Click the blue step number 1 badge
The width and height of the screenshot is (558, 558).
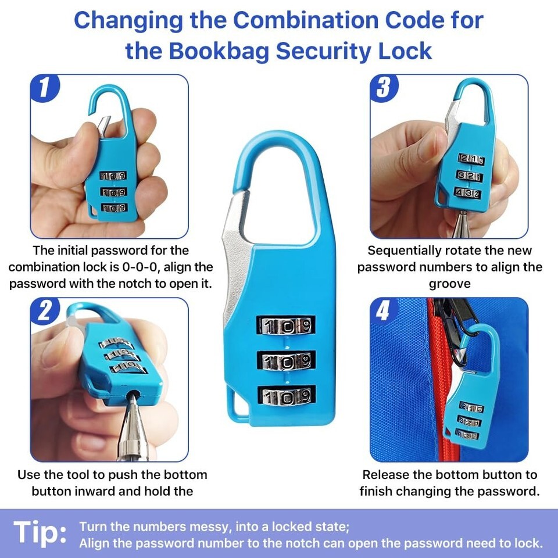point(45,88)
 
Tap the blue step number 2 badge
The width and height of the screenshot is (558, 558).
point(45,311)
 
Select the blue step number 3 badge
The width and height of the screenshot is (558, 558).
point(384,88)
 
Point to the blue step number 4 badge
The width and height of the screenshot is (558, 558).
point(384,311)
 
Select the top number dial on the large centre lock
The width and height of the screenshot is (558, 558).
point(286,325)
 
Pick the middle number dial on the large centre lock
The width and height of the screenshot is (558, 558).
point(286,361)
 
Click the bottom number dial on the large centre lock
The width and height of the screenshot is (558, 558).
point(287,396)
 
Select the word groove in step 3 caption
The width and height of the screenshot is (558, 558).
point(449,284)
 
